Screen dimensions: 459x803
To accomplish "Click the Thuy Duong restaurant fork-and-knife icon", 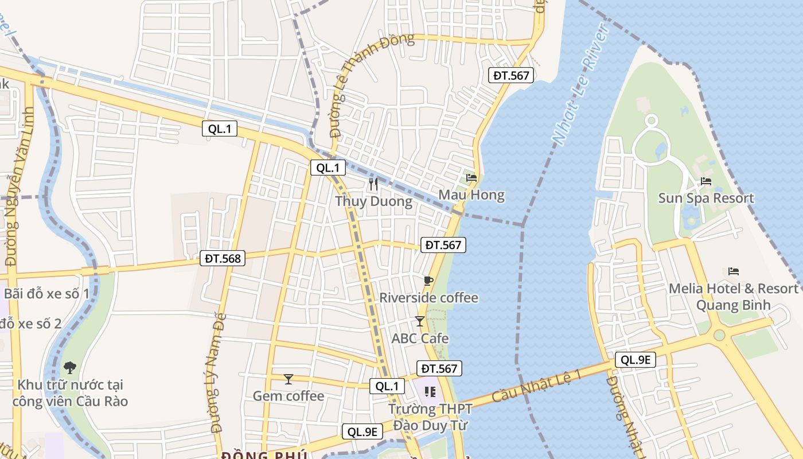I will coord(373,184).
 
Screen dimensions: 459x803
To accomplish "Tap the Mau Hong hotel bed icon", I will coord(471,177).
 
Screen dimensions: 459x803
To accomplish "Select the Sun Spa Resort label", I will coord(705,199).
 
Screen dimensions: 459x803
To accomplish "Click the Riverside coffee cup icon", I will coord(428,281).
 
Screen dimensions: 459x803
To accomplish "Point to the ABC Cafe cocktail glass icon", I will coord(420,321).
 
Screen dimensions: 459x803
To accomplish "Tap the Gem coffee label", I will coord(289,396).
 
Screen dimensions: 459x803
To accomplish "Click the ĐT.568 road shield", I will coord(224,258).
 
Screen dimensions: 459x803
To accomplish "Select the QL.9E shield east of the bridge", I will coord(635,360).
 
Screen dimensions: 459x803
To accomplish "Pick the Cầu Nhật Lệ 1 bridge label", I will coord(537,386).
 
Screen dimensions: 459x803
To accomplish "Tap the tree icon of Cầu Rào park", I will coord(70,367).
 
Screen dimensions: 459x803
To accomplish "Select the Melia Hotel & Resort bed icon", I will coord(733,271).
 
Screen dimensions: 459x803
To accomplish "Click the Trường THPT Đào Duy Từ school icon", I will coord(430,392).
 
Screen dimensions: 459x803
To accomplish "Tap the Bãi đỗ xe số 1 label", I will coord(46,294).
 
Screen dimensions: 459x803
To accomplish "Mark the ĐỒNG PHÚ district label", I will coord(264,455).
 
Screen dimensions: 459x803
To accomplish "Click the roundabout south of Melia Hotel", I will coord(719,335).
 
